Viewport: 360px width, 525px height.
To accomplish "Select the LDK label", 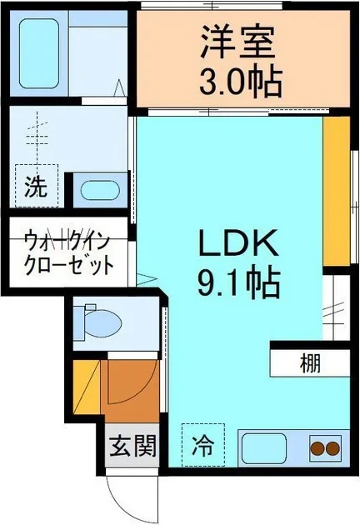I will (236, 245).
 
